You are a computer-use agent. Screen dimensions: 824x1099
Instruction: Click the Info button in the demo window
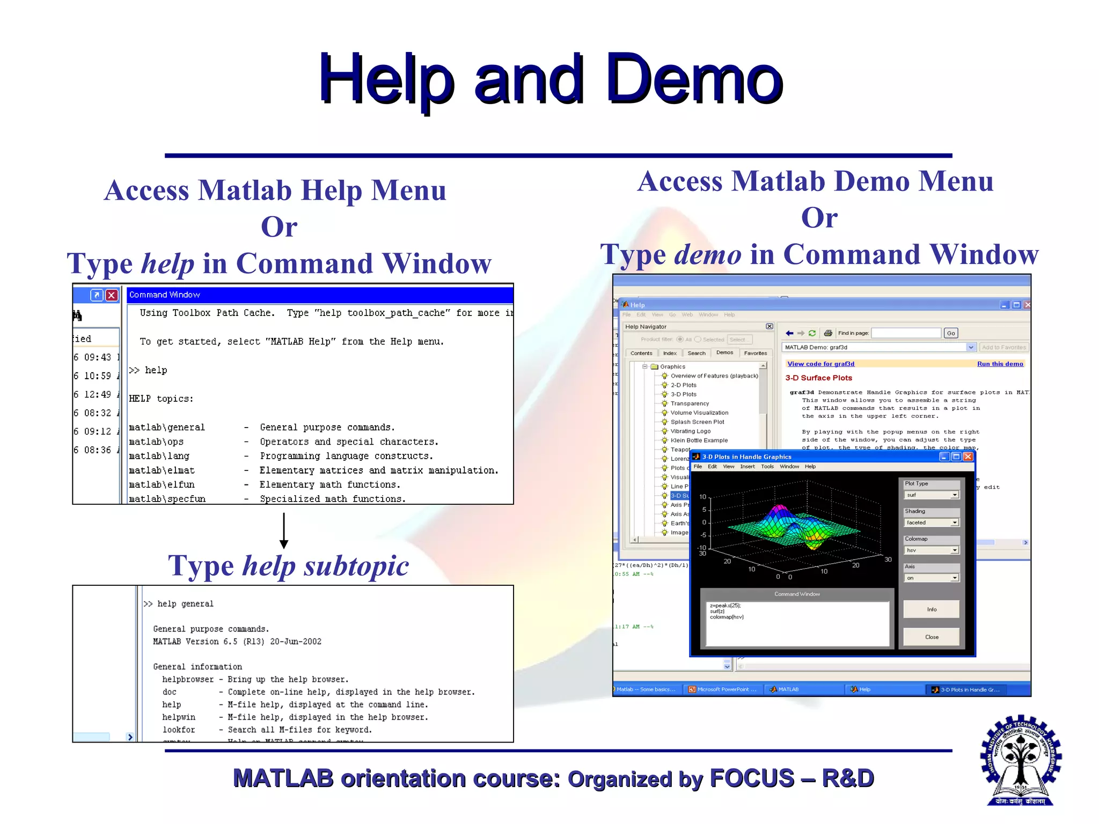point(931,609)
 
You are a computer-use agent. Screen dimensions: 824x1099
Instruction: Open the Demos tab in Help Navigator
point(724,352)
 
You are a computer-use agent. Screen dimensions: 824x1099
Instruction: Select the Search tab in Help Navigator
point(696,353)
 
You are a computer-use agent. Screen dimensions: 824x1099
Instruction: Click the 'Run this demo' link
point(1000,364)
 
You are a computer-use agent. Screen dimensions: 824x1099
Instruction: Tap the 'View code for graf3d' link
point(820,364)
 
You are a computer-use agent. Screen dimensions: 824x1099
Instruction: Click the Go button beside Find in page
point(950,333)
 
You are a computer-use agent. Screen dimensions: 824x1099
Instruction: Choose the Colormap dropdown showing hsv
point(931,550)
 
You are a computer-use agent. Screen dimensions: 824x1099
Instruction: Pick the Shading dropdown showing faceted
point(931,523)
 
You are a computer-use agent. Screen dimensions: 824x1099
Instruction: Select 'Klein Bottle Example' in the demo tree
point(699,440)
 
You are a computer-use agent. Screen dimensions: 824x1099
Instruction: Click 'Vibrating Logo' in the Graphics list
point(690,431)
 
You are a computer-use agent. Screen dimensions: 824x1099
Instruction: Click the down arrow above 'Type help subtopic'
point(284,531)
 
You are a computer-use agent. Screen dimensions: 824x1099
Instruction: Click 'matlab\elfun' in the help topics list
point(162,484)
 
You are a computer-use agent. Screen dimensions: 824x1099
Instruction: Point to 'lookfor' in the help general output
point(179,730)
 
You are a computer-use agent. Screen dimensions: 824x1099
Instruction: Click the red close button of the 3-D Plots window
point(968,457)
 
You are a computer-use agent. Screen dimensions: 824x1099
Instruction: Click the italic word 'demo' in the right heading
point(707,254)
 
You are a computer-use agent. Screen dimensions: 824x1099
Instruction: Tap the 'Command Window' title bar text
point(164,295)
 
